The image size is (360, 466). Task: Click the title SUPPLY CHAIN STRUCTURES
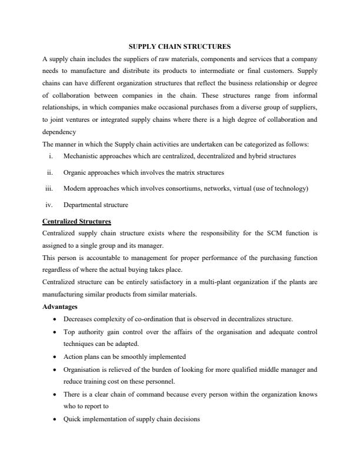point(180,45)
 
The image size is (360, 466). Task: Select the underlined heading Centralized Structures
point(76,221)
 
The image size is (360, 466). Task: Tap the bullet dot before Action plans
point(55,357)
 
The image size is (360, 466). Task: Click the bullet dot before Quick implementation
point(55,419)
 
